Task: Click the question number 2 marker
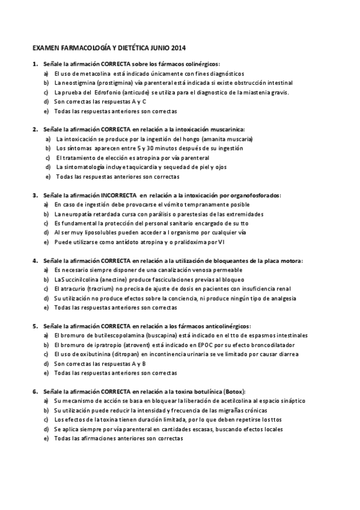[35, 129]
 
